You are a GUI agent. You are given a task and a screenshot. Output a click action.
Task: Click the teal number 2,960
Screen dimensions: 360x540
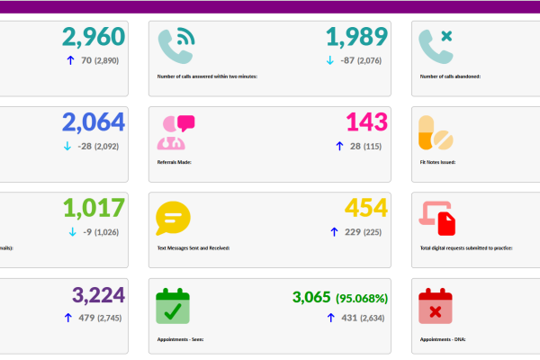[94, 38]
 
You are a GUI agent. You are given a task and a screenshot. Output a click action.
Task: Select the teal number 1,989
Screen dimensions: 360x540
[356, 38]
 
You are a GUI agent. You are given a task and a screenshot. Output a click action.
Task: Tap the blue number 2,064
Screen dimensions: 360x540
[94, 123]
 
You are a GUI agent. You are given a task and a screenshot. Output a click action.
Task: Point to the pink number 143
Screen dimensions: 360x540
[367, 123]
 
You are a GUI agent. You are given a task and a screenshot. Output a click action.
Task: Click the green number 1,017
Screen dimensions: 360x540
[94, 209]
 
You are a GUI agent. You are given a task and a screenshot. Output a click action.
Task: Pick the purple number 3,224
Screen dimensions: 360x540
[94, 294]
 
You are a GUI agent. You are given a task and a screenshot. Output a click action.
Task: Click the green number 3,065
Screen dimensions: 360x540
[311, 297]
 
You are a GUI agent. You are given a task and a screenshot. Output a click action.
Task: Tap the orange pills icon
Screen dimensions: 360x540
[436, 132]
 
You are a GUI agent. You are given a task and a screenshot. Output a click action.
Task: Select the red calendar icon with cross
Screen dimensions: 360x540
[436, 306]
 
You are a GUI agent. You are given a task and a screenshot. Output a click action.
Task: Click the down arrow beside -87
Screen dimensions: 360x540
[329, 61]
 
